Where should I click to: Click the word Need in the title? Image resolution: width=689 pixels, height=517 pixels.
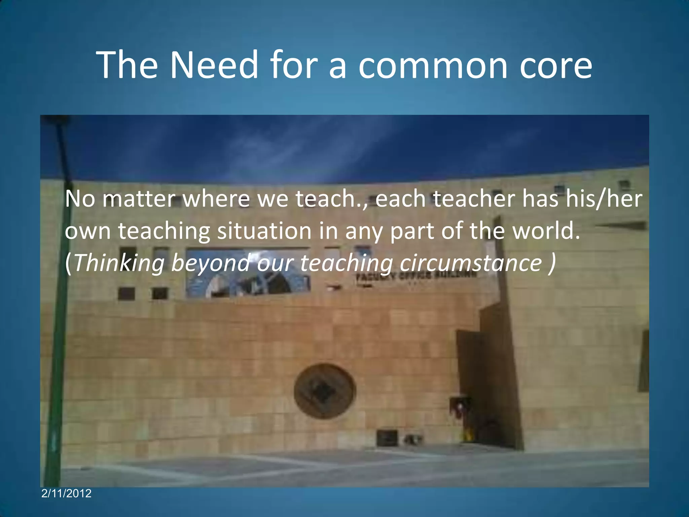click(x=214, y=65)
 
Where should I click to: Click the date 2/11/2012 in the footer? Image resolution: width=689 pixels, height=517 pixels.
click(x=66, y=493)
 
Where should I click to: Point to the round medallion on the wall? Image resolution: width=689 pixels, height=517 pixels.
click(x=325, y=391)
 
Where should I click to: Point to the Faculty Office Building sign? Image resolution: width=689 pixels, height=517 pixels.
click(x=416, y=276)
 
